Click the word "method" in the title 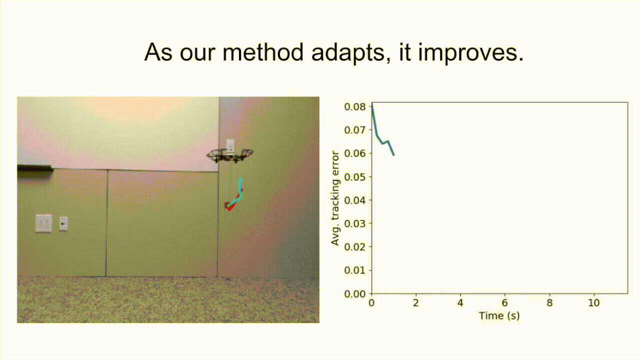pyautogui.click(x=263, y=52)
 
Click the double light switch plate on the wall pyautogui.click(x=43, y=223)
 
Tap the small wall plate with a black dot pyautogui.click(x=63, y=223)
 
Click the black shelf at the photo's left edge pyautogui.click(x=35, y=168)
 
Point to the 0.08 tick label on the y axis pyautogui.click(x=355, y=107)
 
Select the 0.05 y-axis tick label pyautogui.click(x=355, y=177)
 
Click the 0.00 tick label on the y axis pyautogui.click(x=355, y=293)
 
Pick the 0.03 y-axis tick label pyautogui.click(x=355, y=223)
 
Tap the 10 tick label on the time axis pyautogui.click(x=593, y=303)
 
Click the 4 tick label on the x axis pyautogui.click(x=460, y=303)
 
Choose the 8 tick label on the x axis pyautogui.click(x=549, y=303)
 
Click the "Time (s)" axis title pyautogui.click(x=499, y=316)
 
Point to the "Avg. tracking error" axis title pyautogui.click(x=335, y=198)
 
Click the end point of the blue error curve pyautogui.click(x=394, y=155)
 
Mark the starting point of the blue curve pyautogui.click(x=371, y=104)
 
